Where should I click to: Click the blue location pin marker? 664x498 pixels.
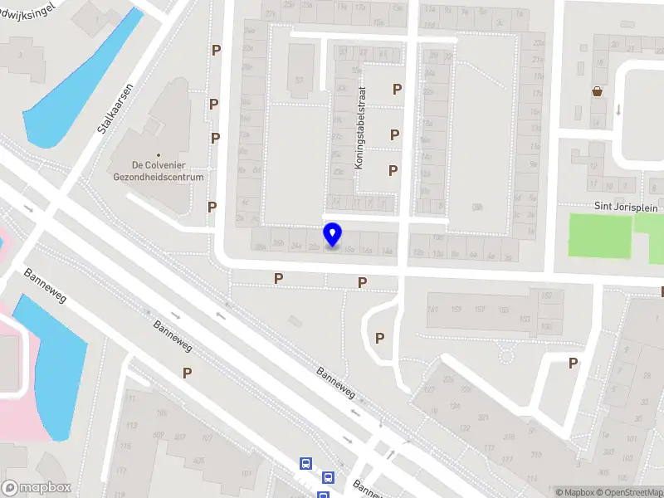coord(333,234)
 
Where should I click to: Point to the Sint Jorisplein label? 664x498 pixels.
coord(623,206)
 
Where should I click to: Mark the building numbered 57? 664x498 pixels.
coord(299,81)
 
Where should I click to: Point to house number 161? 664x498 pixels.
coord(432,310)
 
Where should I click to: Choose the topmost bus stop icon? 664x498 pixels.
coord(305,464)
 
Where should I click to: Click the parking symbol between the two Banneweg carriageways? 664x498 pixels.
coord(188,373)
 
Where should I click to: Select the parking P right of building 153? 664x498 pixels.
coord(573,363)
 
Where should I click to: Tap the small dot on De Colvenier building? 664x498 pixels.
coord(157,132)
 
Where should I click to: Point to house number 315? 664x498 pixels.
coord(536,454)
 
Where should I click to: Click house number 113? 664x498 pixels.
coord(130,425)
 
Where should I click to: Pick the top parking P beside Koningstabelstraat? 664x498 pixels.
coord(398,90)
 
